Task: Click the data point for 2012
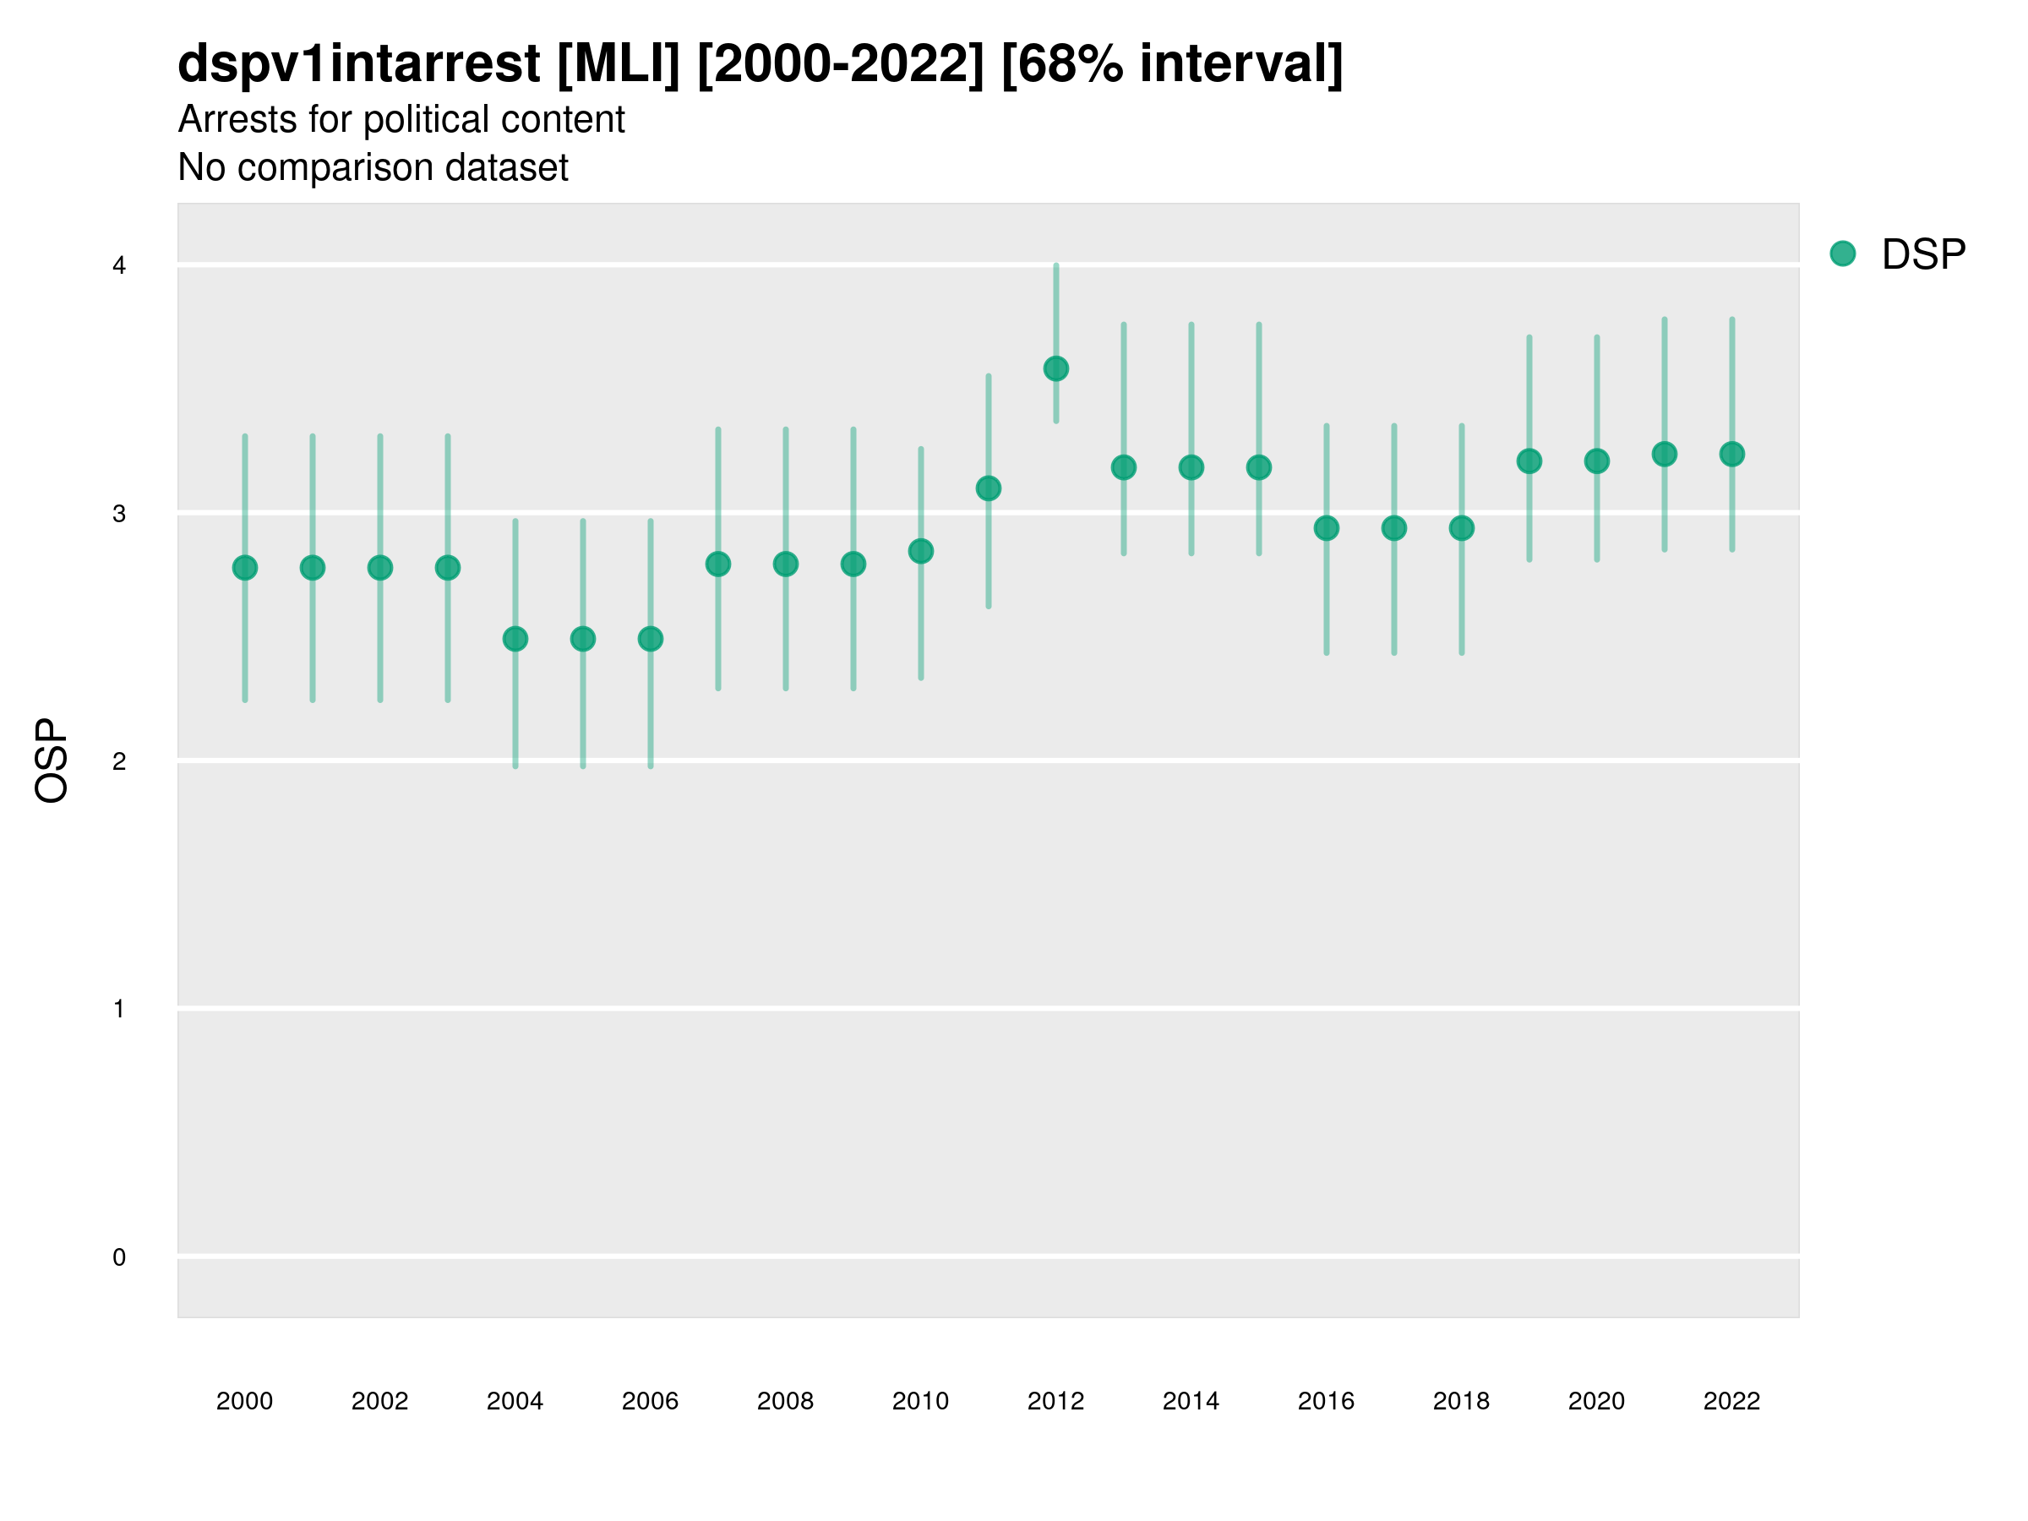[x=1055, y=368]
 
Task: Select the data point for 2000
[x=245, y=568]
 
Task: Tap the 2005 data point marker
[x=583, y=639]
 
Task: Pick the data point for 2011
[x=989, y=488]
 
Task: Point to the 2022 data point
[x=1732, y=454]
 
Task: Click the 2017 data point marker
[x=1393, y=528]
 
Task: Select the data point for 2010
[x=920, y=551]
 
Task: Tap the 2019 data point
[x=1529, y=461]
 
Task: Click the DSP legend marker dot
[x=1843, y=254]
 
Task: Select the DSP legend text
[x=1923, y=255]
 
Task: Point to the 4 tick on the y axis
[x=119, y=266]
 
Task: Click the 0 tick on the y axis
[x=119, y=1257]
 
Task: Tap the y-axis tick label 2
[x=119, y=761]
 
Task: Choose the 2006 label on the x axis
[x=650, y=1401]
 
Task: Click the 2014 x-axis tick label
[x=1191, y=1401]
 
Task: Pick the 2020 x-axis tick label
[x=1596, y=1401]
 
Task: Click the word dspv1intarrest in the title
[x=358, y=63]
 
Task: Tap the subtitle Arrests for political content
[x=401, y=119]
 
